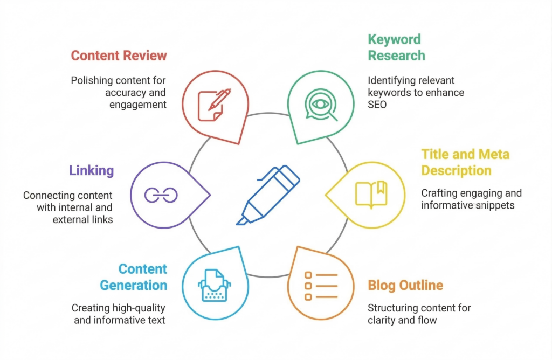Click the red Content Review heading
[x=119, y=56]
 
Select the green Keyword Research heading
[x=396, y=47]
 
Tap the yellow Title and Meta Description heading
[x=465, y=162]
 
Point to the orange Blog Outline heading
[x=405, y=285]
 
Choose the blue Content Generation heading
[x=142, y=276]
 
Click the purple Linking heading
[x=91, y=171]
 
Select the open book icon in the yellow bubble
[x=371, y=193]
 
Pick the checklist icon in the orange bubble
[x=321, y=286]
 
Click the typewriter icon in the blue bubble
[x=215, y=285]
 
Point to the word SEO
[x=377, y=105]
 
